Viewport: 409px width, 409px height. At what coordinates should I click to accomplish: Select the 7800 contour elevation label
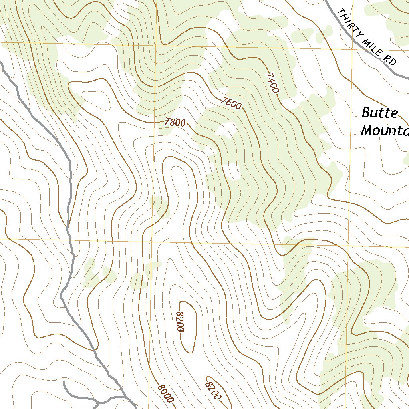click(x=175, y=123)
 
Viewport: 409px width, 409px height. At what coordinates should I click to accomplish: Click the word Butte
click(x=379, y=113)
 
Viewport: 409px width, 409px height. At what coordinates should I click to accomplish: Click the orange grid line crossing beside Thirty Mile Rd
click(x=353, y=49)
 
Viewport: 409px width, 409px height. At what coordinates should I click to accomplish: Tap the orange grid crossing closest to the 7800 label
click(x=155, y=46)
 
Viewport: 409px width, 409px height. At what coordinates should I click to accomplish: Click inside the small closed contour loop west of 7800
click(x=95, y=97)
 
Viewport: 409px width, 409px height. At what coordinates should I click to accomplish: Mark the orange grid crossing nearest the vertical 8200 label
click(x=151, y=241)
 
